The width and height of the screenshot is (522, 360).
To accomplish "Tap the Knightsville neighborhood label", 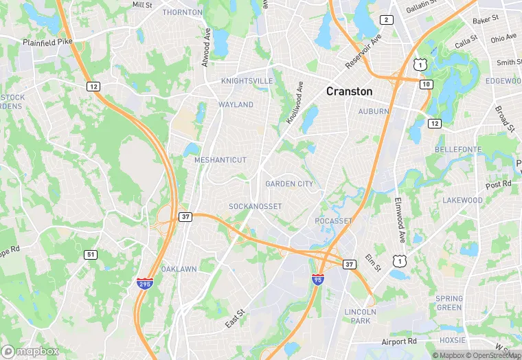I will click(247, 80).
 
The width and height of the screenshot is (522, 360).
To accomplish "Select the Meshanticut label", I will click(220, 159).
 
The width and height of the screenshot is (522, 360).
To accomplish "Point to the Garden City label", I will click(289, 183).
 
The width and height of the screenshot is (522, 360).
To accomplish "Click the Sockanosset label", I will click(256, 206).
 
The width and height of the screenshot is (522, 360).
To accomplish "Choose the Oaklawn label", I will click(180, 269).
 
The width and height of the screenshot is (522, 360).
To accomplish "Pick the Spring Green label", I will click(449, 303).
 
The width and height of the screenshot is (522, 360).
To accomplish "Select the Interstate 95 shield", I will click(317, 280).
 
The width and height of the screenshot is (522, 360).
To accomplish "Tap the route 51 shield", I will click(91, 254).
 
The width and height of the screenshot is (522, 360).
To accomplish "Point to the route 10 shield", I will click(426, 83).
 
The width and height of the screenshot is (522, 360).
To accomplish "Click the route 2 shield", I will click(387, 20).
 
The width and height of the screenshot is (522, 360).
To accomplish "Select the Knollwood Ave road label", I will click(295, 103).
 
